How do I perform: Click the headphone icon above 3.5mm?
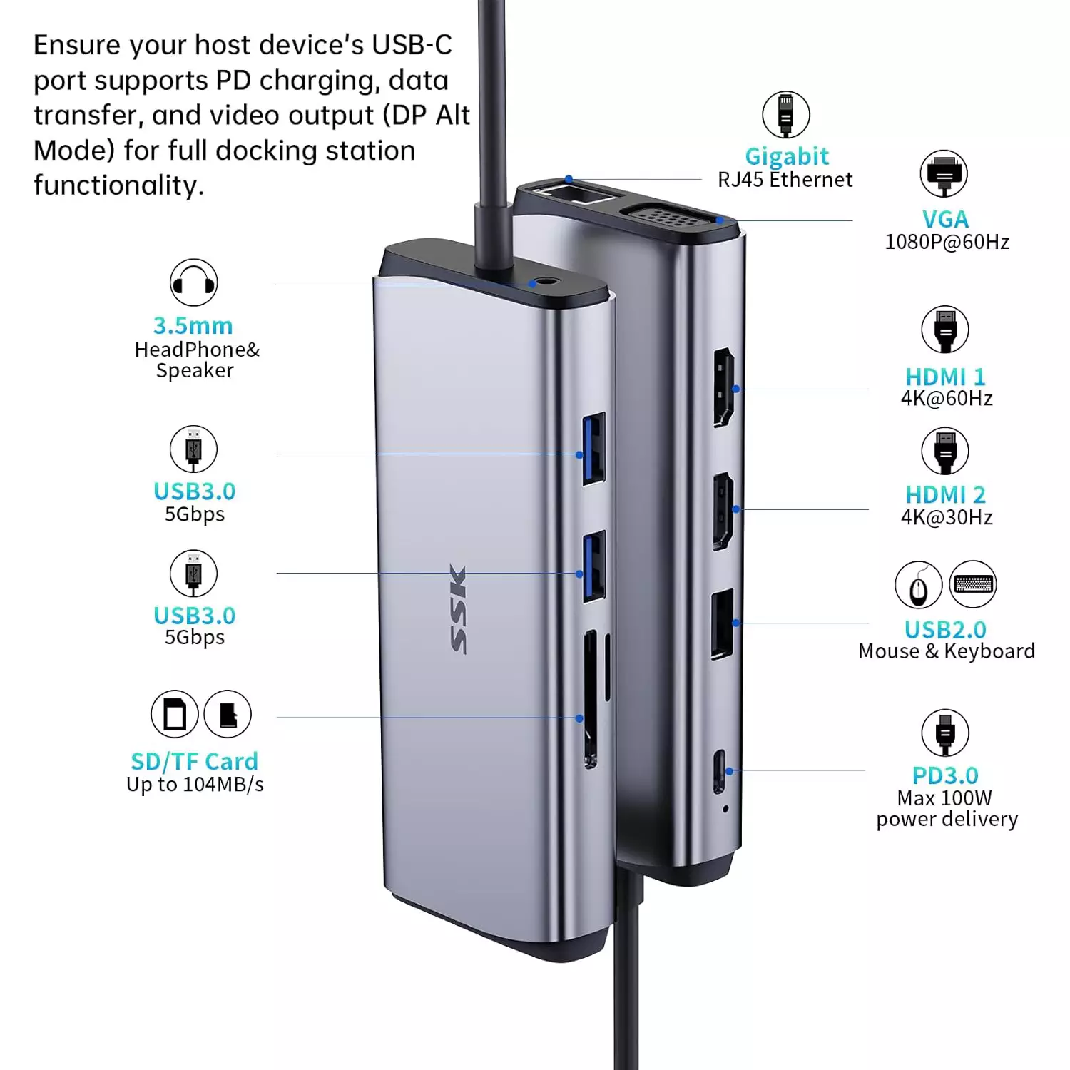[193, 282]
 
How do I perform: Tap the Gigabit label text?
[787, 156]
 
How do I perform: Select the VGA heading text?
[945, 219]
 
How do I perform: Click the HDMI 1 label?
[945, 377]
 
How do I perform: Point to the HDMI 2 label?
[945, 494]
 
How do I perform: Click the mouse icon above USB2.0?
[919, 584]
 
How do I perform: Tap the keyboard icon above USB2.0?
[973, 584]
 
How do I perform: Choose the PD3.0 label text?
[945, 775]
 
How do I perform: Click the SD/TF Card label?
[194, 762]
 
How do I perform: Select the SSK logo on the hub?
[459, 608]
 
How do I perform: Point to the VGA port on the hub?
[668, 215]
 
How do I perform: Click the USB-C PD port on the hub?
[720, 771]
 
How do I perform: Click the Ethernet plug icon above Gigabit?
[785, 114]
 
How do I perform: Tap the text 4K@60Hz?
[947, 398]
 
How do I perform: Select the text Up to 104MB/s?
[195, 785]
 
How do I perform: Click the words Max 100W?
[944, 798]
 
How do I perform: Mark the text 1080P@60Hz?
[947, 242]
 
